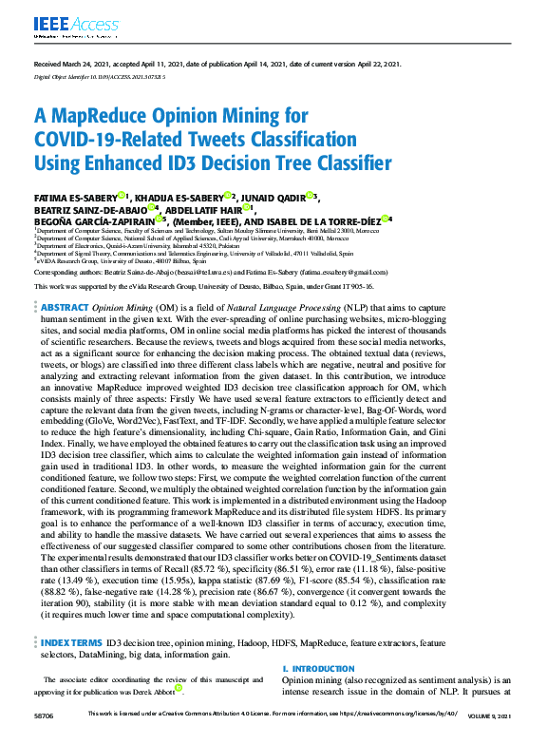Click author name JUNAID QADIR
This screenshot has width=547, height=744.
coord(279,197)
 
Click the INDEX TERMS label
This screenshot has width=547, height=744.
coord(71,642)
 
